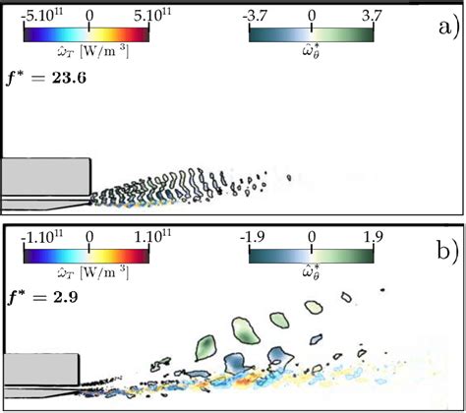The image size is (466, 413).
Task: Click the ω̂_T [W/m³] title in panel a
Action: tap(89, 54)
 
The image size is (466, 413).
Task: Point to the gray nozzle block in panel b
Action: tap(39, 372)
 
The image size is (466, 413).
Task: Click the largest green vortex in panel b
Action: tap(206, 347)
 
